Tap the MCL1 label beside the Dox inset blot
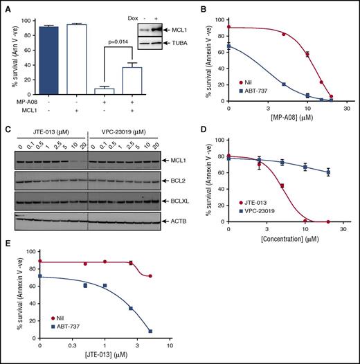[173, 30]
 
